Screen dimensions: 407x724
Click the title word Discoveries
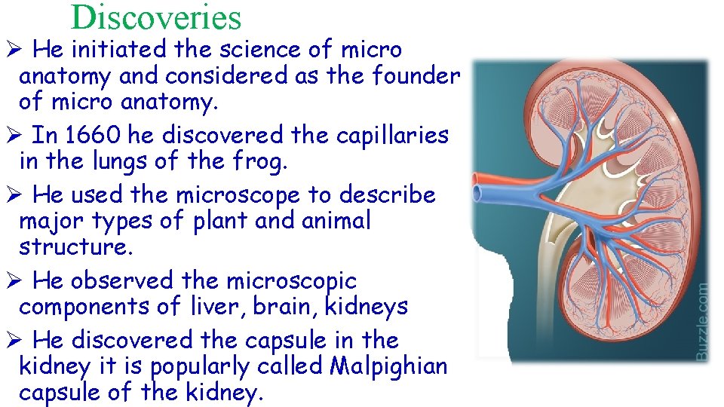click(156, 17)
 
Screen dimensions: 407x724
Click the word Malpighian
click(388, 367)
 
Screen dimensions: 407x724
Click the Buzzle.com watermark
click(701, 320)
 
